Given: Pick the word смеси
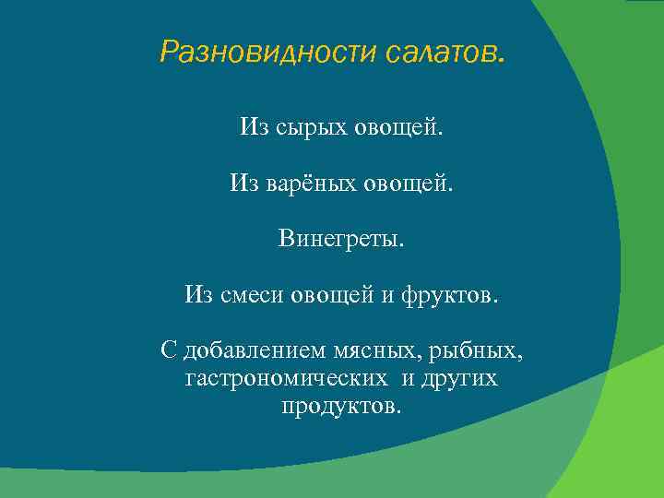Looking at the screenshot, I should click(253, 295).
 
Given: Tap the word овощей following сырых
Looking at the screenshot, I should click(399, 126).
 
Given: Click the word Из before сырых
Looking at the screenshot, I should click(253, 126).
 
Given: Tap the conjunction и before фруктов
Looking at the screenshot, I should click(388, 295).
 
